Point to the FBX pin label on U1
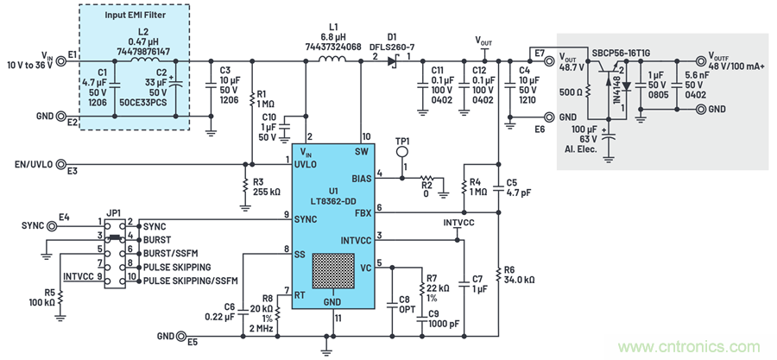pyautogui.click(x=362, y=212)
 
